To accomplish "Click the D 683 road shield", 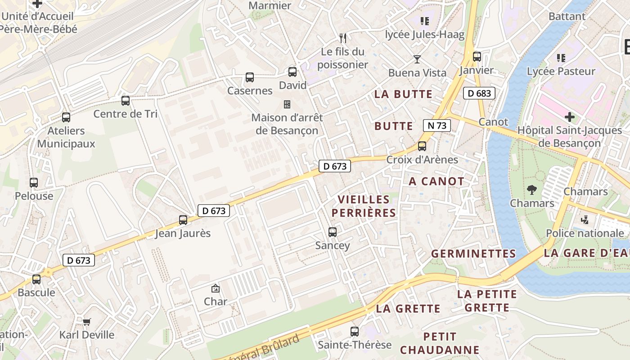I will (479, 93).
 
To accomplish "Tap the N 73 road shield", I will (437, 126).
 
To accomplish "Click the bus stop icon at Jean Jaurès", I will (183, 220).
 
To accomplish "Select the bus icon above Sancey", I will (333, 232).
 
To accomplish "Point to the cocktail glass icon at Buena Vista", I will (417, 59).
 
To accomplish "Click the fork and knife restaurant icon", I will (343, 38).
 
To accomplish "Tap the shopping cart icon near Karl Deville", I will (87, 321).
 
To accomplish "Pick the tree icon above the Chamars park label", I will (532, 189).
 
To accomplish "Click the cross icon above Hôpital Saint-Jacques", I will (570, 117).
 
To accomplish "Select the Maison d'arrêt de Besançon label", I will (287, 124).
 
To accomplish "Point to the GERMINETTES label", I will (473, 254).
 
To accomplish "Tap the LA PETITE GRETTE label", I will (487, 301).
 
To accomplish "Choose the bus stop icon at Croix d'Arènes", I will (422, 146).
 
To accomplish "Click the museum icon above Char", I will (216, 288).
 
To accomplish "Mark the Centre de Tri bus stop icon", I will (126, 101).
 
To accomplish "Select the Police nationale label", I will (585, 233).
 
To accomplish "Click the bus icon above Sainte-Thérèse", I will (355, 332).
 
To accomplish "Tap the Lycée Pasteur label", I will (561, 71).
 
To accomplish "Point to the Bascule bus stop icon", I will (36, 279).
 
